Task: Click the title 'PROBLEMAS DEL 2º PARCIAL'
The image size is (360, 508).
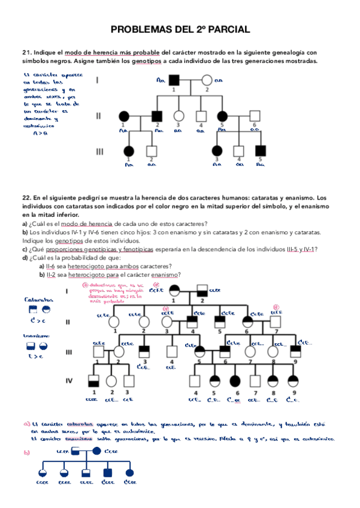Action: click(180, 29)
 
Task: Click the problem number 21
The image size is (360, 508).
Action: click(26, 53)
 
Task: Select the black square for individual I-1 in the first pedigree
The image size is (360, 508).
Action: click(174, 79)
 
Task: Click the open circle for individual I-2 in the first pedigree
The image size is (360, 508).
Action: click(207, 79)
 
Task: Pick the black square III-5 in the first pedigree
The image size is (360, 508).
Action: click(260, 152)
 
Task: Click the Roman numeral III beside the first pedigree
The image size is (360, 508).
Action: click(99, 152)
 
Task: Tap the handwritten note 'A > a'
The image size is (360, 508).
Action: click(41, 134)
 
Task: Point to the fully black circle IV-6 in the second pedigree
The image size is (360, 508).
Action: click(234, 380)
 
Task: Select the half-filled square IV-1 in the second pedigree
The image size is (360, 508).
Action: click(93, 380)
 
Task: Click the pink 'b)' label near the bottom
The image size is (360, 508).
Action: click(27, 453)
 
